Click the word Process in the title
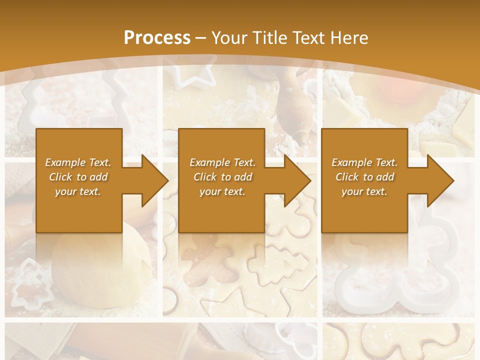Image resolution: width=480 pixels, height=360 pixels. [157, 37]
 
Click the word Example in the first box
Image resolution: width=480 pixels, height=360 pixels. [64, 162]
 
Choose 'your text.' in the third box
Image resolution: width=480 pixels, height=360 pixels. [364, 191]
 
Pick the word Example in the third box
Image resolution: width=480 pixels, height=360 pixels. [351, 162]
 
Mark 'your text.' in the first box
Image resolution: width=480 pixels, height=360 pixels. [78, 191]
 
